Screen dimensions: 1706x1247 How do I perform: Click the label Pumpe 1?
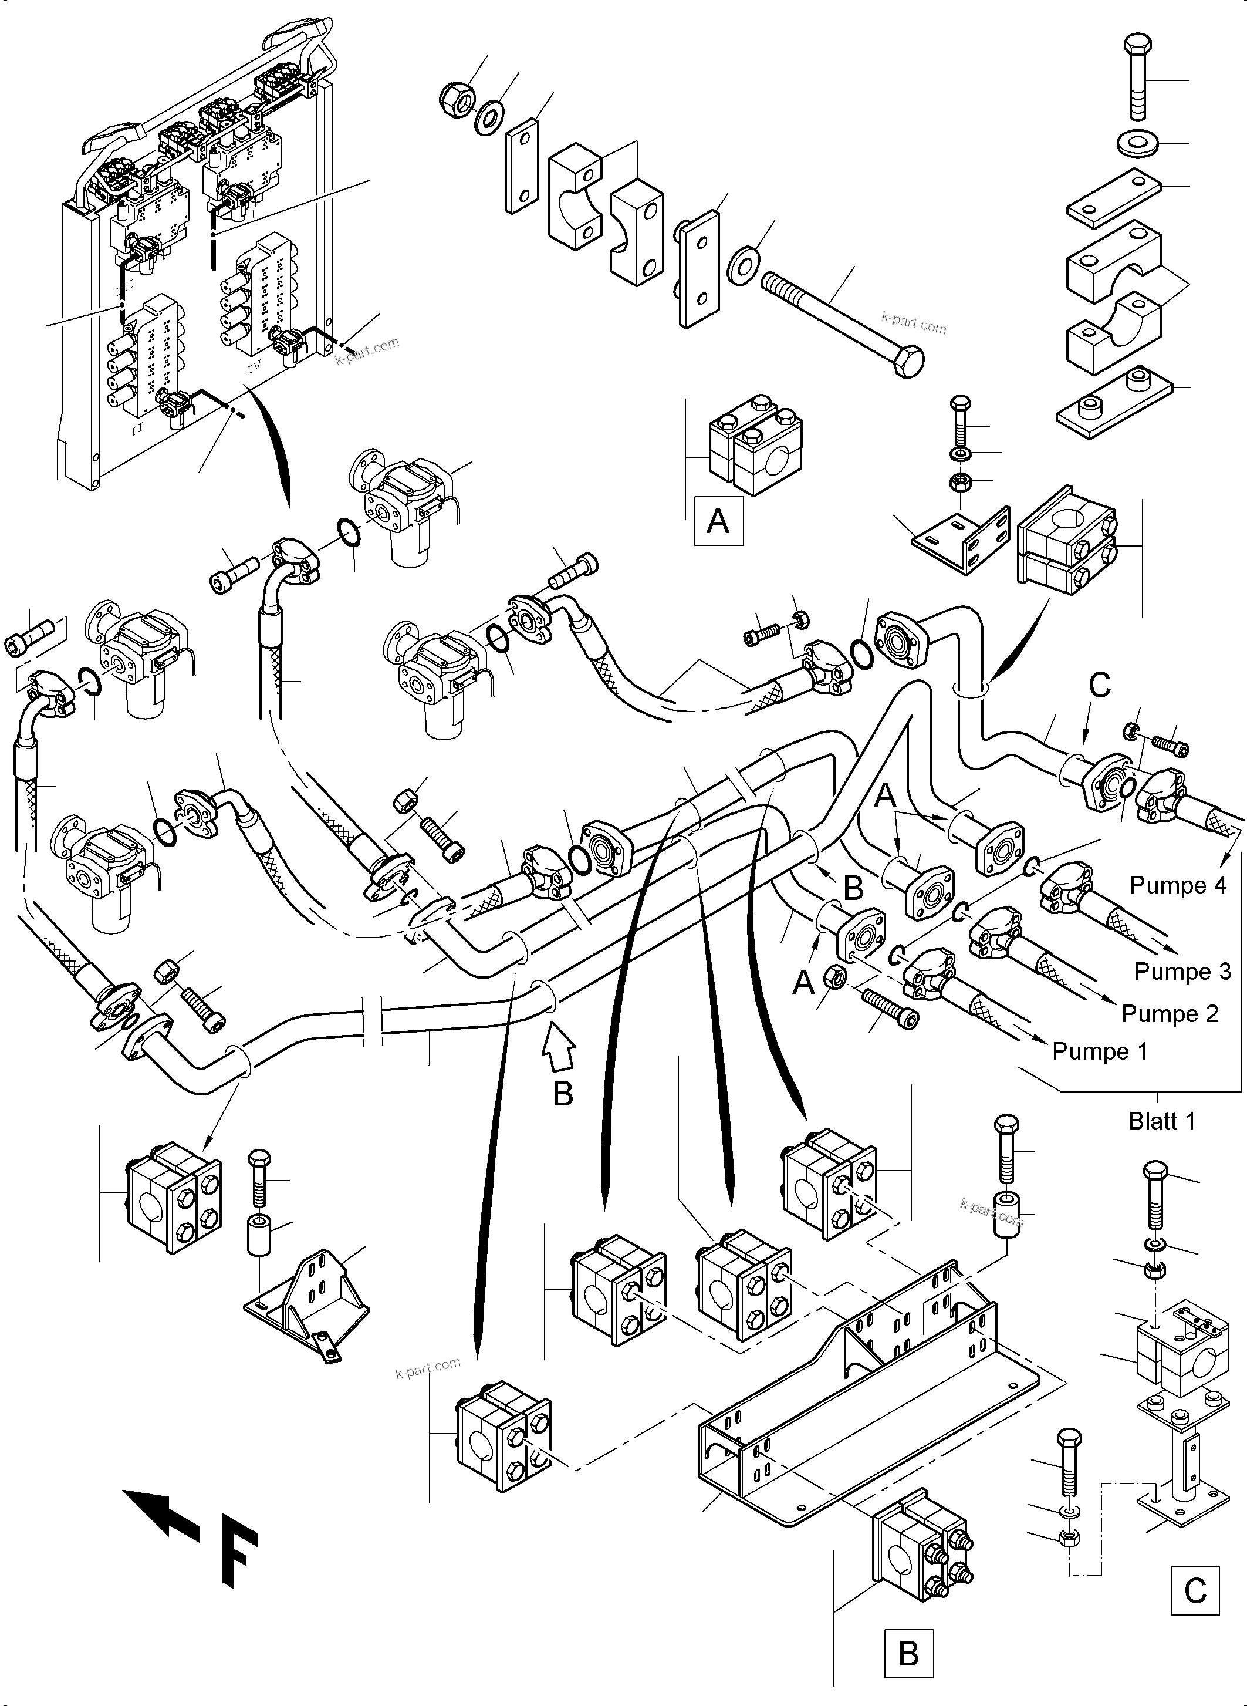click(1099, 1051)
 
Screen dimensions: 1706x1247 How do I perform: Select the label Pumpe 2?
click(1170, 1013)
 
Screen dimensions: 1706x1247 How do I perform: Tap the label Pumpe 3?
click(1182, 971)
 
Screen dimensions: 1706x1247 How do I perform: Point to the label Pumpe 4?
click(1178, 885)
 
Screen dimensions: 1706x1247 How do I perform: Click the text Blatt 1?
click(1162, 1121)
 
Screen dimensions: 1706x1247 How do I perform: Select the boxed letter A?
click(718, 521)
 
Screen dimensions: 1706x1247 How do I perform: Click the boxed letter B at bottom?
click(909, 1653)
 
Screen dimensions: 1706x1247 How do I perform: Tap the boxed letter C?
click(1195, 1590)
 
